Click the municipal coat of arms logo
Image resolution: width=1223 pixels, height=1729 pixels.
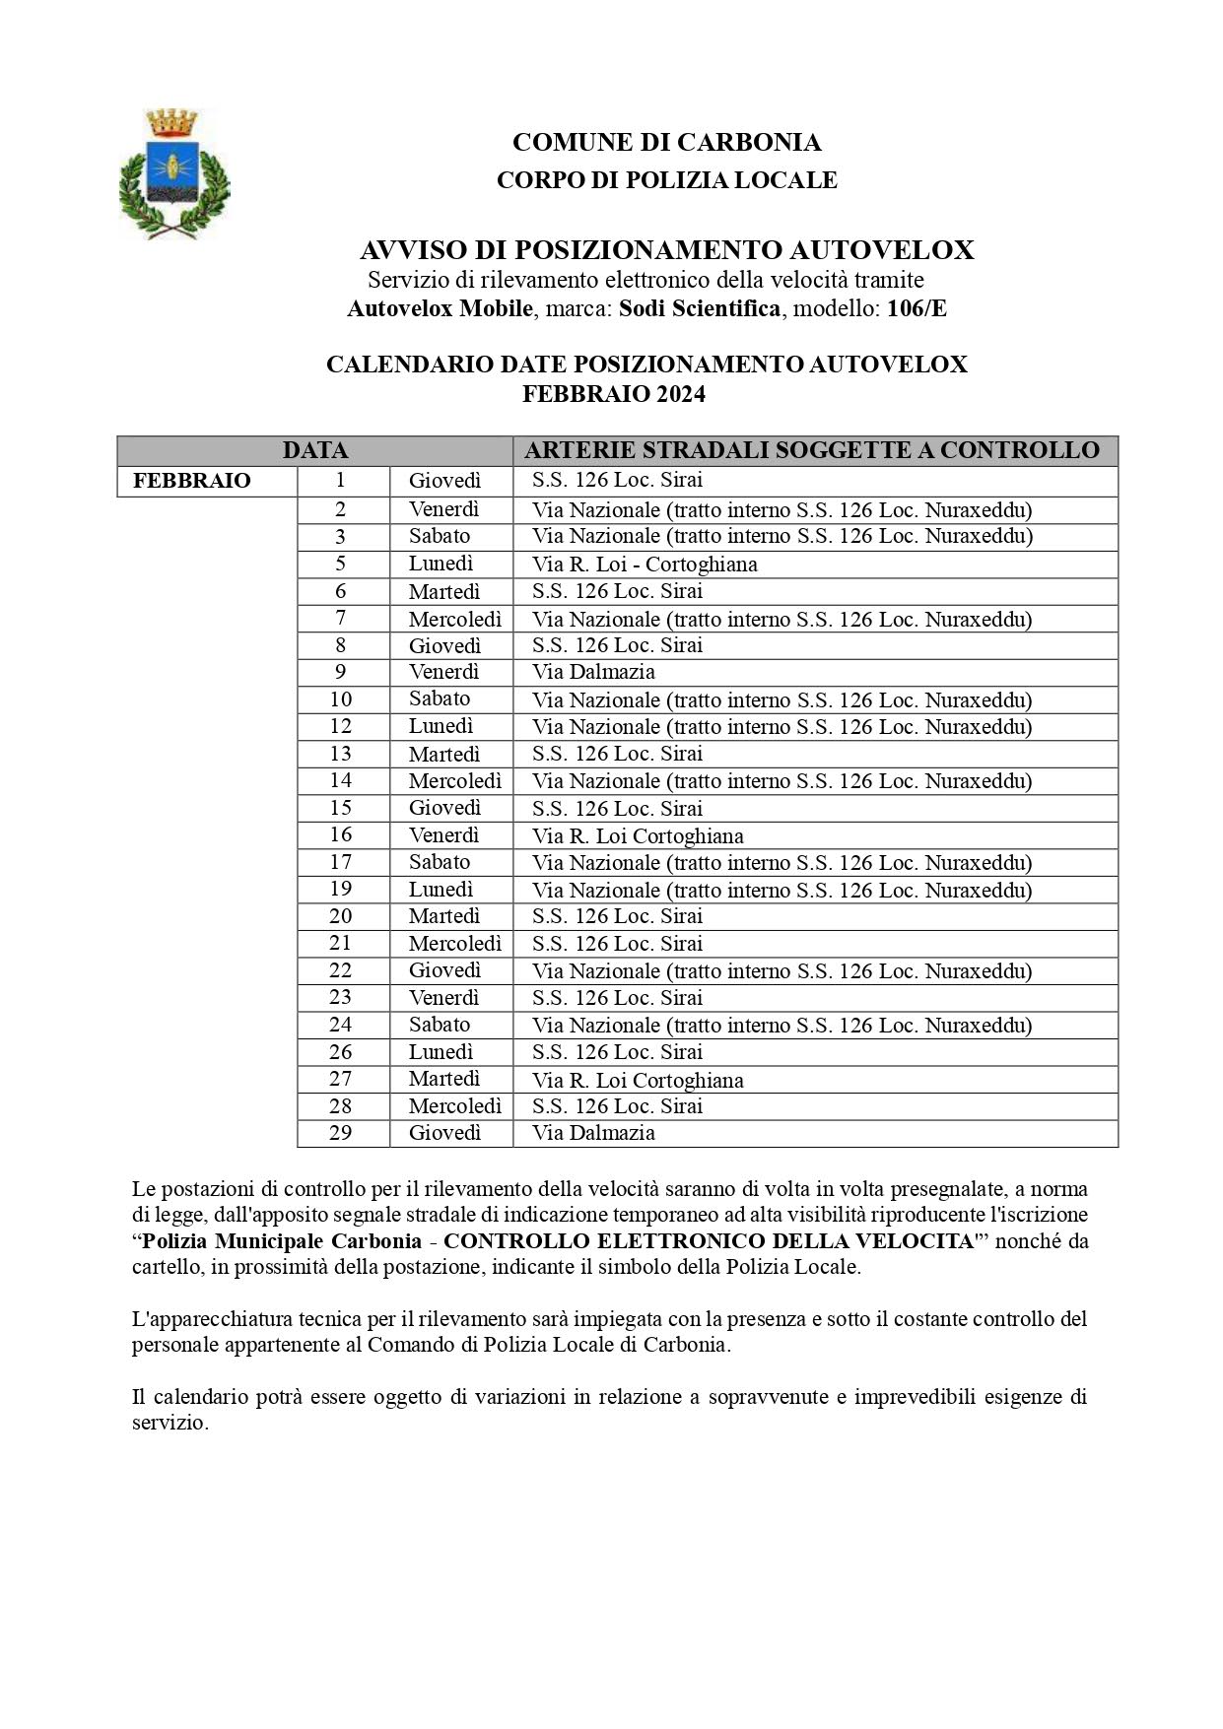pos(173,173)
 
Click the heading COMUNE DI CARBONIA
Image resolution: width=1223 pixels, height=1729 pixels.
pos(666,143)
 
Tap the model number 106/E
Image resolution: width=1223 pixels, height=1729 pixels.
pos(917,308)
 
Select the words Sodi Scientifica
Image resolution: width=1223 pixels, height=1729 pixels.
pos(699,308)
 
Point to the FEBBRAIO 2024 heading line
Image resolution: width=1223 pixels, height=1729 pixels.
pos(613,394)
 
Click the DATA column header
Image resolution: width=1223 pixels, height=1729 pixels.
pos(314,450)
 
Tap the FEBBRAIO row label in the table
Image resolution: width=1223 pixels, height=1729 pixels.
pos(192,481)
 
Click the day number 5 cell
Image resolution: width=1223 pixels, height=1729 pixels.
pos(341,564)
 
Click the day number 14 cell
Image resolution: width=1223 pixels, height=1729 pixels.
pos(341,780)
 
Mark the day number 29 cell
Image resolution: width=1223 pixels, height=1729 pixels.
pos(341,1132)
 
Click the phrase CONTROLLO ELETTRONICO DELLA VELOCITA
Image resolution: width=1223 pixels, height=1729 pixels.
pos(709,1241)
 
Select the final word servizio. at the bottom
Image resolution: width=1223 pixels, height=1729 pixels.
pos(170,1423)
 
